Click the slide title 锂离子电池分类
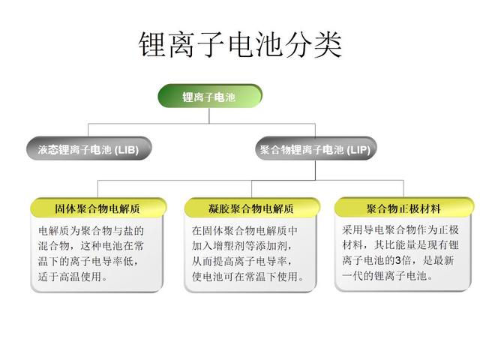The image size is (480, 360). [240, 45]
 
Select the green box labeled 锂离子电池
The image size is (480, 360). [210, 97]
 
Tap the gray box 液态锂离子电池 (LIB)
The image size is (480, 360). [88, 148]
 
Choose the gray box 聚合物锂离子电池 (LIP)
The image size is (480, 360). [316, 149]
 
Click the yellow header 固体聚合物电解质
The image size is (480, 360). [98, 208]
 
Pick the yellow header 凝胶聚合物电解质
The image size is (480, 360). [252, 208]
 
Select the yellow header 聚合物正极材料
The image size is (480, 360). [403, 208]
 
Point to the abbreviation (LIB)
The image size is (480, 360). [127, 150]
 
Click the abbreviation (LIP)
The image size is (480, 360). [358, 150]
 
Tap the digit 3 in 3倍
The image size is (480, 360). [398, 260]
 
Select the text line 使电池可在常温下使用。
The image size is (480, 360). [248, 277]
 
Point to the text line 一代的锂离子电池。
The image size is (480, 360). [388, 276]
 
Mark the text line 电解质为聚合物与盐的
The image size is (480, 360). [91, 231]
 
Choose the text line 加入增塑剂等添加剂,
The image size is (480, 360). [241, 246]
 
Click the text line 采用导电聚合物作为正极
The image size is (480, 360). [400, 230]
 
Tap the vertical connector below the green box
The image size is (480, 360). [209, 115]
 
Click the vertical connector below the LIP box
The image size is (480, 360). [315, 170]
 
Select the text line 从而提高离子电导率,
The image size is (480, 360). [241, 262]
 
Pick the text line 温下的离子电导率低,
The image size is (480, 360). [88, 262]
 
